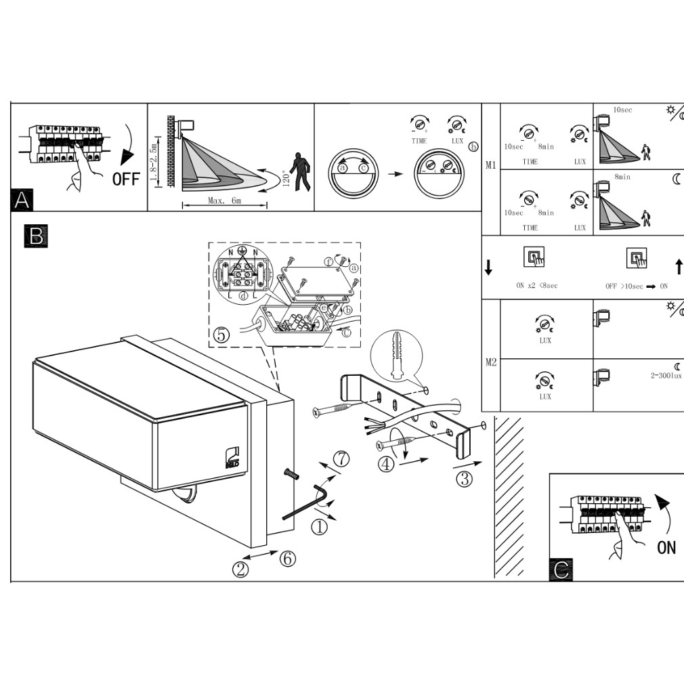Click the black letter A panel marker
[22, 200]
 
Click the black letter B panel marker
[35, 235]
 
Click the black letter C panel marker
[561, 570]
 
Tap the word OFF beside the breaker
[126, 179]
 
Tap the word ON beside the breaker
[666, 547]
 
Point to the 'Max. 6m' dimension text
[225, 202]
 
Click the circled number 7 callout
[342, 458]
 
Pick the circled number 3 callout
[464, 479]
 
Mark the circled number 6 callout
[287, 559]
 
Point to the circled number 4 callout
[385, 465]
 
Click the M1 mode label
[491, 165]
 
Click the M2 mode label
[491, 362]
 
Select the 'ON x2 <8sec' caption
[536, 286]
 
